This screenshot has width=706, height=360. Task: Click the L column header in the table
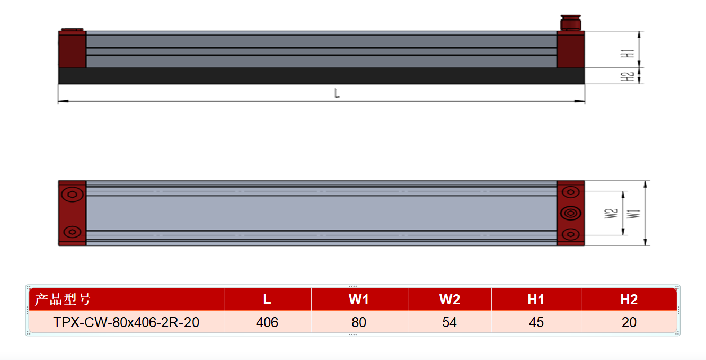point(267,300)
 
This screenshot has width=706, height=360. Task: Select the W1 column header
point(359,300)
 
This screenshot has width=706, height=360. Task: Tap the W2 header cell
point(449,300)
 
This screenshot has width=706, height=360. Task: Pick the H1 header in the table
point(536,300)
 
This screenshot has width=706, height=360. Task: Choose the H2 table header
point(629,300)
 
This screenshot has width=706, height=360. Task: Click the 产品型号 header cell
point(63,300)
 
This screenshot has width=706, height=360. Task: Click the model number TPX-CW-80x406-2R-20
point(126,322)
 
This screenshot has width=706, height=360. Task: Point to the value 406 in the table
point(267,322)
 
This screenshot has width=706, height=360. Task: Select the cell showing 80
point(359,322)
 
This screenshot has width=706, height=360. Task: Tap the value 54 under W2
point(449,322)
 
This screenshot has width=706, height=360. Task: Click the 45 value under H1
point(536,322)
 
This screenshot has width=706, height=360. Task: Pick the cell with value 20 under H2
point(629,322)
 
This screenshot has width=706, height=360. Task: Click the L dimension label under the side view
point(337,93)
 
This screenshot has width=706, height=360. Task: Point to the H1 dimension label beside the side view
point(628,53)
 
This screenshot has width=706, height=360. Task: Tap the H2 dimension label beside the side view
point(627,76)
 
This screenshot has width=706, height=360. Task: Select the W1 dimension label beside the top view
point(633,214)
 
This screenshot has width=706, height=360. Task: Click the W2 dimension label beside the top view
point(611,214)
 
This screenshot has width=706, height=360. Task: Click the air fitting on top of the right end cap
point(570,23)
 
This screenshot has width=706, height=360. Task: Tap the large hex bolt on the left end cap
point(72,194)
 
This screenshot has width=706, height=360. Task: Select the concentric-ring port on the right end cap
point(570,213)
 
